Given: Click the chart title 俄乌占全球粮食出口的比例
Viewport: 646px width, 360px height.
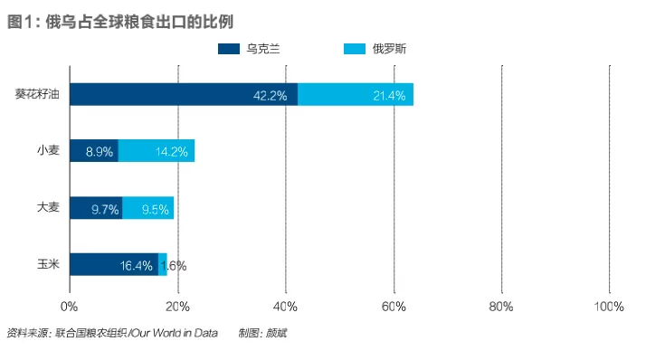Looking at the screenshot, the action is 139,22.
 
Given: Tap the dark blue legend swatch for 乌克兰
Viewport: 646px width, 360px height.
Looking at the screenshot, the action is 229,49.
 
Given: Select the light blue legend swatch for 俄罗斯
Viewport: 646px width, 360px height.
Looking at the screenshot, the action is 355,49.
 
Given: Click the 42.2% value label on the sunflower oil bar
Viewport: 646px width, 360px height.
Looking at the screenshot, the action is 270,96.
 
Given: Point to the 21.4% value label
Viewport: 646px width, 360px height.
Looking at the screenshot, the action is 389,96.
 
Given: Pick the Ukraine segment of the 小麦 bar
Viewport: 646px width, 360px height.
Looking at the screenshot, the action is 94,151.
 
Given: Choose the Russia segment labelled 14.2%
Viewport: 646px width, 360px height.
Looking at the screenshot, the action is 157,151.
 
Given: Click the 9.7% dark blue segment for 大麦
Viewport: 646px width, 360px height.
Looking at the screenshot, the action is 96,208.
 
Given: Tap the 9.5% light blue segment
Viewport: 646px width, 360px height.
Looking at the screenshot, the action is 147,208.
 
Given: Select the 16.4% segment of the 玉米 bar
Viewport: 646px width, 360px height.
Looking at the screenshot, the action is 114,264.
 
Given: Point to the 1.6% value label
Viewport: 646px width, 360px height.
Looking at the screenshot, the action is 174,266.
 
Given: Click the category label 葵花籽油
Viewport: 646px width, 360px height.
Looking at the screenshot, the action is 37,94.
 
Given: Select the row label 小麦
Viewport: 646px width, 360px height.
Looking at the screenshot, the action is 48,150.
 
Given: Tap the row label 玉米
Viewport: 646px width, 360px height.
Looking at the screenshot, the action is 48,264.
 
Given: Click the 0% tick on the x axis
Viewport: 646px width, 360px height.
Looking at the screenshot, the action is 69,307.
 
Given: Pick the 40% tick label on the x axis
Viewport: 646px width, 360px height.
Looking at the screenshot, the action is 285,307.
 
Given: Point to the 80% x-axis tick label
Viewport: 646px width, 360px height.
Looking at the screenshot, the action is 501,307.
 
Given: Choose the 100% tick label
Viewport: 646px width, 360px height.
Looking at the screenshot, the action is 609,307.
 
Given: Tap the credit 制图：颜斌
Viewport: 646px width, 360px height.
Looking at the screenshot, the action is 262,333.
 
